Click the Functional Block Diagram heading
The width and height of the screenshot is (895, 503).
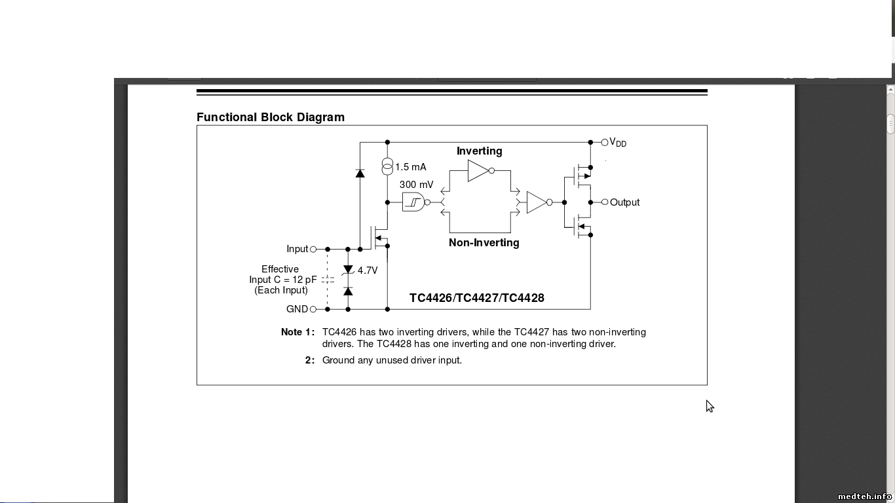pos(270,117)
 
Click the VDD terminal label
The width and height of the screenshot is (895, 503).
pos(618,143)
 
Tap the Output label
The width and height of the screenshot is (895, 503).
pos(624,202)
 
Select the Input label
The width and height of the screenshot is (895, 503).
pos(297,249)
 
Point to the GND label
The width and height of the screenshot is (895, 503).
pos(297,309)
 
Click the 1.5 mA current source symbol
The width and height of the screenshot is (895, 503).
pos(387,167)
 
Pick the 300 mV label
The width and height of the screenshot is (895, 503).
pos(416,185)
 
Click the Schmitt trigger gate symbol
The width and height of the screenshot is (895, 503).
pos(413,202)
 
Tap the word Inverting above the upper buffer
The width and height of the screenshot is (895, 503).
pos(479,151)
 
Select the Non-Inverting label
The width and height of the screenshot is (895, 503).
pos(484,242)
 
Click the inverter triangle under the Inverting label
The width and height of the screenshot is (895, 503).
pos(478,170)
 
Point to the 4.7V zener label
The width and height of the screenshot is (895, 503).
pos(368,270)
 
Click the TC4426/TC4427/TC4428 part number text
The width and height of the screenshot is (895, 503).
pos(476,298)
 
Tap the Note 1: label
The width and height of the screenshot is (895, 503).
pos(297,332)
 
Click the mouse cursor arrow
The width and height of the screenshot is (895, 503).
pos(710,406)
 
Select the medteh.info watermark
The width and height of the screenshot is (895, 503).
pos(865,496)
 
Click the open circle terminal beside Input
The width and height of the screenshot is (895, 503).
pos(313,249)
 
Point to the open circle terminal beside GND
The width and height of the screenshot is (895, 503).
pos(313,309)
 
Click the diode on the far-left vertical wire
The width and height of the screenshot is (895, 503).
pos(360,173)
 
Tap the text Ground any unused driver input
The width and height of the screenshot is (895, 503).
pos(392,360)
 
